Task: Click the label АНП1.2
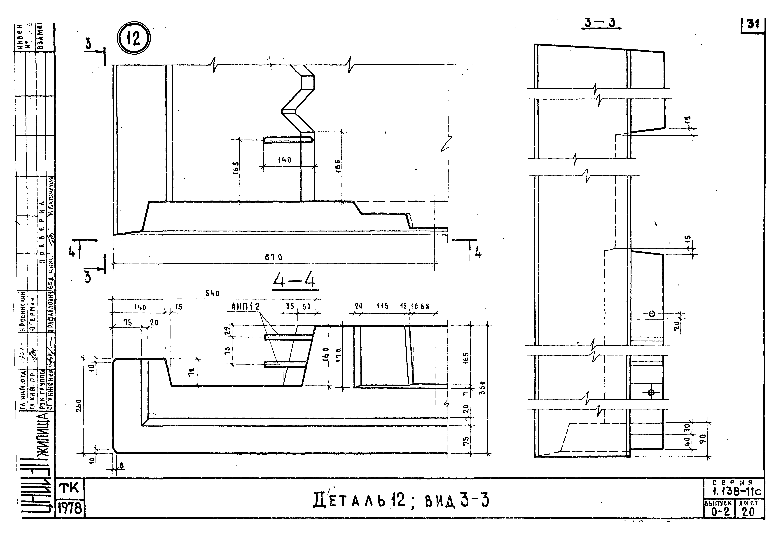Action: pos(245,307)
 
